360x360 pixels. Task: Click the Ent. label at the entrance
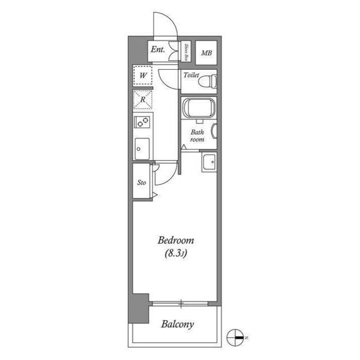pyautogui.click(x=157, y=50)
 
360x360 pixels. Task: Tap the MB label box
pyautogui.click(x=206, y=54)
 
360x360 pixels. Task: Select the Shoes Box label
pyautogui.click(x=186, y=51)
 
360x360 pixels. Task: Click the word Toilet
pyautogui.click(x=191, y=74)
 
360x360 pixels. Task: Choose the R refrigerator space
pyautogui.click(x=143, y=100)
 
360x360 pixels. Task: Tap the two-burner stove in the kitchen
pyautogui.click(x=142, y=122)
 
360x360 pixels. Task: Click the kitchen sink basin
pyautogui.click(x=142, y=148)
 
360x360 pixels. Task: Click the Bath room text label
pyautogui.click(x=196, y=136)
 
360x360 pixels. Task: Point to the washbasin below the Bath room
pyautogui.click(x=210, y=162)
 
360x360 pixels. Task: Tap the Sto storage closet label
pyautogui.click(x=142, y=182)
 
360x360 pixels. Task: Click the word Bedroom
pyautogui.click(x=173, y=241)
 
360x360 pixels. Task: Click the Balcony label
pyautogui.click(x=177, y=324)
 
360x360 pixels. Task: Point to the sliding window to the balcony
pyautogui.click(x=181, y=304)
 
